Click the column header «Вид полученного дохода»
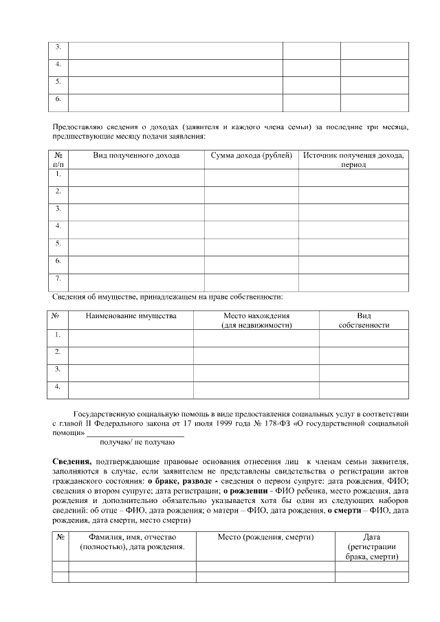136,156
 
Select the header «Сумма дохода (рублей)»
251,156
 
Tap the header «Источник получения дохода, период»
353,160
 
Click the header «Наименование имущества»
131,316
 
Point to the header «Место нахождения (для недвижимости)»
256,320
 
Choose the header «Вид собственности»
364,320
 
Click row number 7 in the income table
58,278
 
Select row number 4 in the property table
58,387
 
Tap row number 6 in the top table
58,99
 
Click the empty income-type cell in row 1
136,177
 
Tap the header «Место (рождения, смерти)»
265,537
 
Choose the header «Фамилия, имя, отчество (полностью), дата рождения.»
132,542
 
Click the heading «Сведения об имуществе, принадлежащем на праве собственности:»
168,297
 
